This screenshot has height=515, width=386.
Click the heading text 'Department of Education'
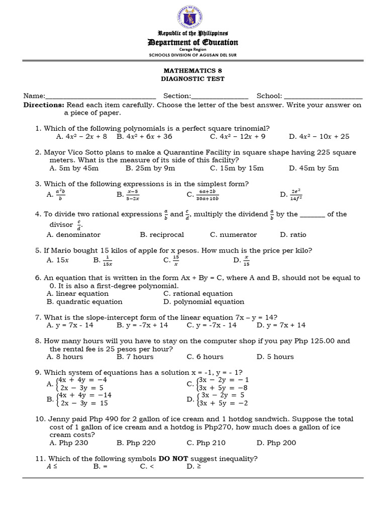pos(192,42)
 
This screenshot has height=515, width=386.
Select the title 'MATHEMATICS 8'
pos(192,71)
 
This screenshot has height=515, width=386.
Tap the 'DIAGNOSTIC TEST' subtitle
pos(192,79)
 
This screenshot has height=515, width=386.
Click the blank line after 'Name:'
pos(101,97)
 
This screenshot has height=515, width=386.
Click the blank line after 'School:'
pos(323,97)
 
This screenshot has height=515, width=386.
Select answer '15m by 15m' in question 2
pos(237,168)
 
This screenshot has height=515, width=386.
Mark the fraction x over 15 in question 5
pos(246,260)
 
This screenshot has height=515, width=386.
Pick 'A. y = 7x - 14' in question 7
pos(70,325)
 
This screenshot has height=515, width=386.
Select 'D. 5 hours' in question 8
pos(275,357)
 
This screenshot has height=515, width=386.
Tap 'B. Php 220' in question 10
pos(136,443)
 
